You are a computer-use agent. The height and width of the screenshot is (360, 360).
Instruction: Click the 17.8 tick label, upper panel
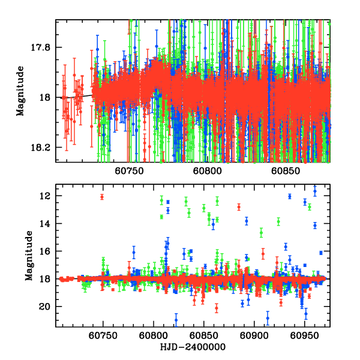pos(43,47)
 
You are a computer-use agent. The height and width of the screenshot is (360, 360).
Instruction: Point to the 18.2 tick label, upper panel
pos(43,148)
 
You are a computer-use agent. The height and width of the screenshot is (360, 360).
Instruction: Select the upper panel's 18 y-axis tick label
pos(47,97)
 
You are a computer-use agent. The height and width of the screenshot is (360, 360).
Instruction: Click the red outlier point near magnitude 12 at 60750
pos(102,197)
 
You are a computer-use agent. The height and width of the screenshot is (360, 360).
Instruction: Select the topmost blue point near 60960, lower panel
pos(315,191)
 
